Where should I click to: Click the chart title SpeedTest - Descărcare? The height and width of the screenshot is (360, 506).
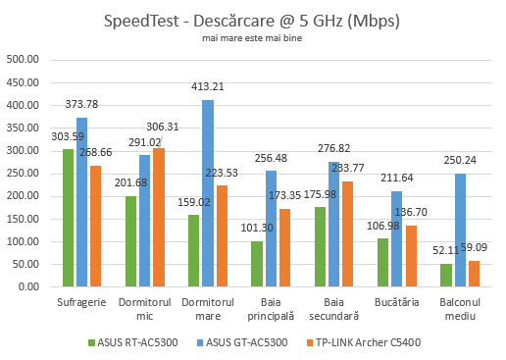pos(253,20)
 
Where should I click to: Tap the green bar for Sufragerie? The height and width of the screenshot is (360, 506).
pos(69,218)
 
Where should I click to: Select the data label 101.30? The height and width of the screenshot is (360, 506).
pos(254,231)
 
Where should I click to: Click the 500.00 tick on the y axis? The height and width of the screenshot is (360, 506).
pos(22,60)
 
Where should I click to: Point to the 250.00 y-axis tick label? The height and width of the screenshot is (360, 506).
pos(22,174)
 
